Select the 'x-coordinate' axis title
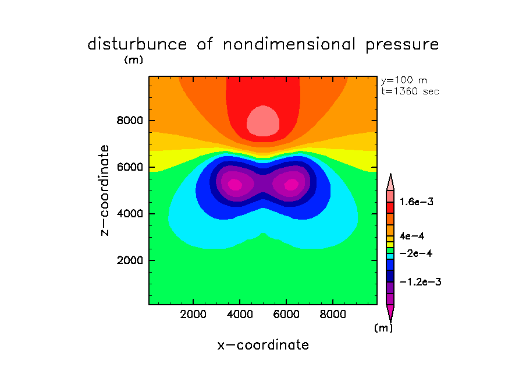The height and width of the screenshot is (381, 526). pos(263,345)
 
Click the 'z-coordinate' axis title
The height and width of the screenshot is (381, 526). pos(105,190)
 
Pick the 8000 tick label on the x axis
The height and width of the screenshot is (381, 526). pos(332,315)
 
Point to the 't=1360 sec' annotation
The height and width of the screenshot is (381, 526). pos(410,91)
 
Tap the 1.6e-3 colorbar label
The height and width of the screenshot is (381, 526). pos(417,202)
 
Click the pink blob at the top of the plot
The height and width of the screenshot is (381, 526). pos(264,121)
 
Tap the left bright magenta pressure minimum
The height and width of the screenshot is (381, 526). pos(234,184)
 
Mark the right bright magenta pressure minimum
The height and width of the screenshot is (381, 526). pos(291,184)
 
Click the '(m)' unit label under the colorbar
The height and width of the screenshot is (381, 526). pos(383,328)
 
